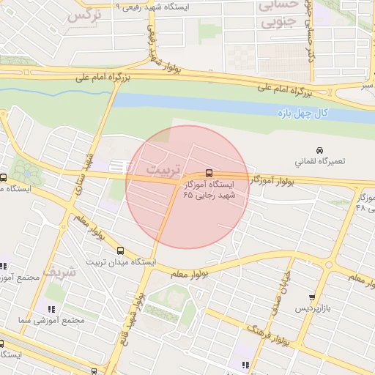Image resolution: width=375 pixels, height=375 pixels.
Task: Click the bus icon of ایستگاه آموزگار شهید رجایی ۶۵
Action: pos(209,174)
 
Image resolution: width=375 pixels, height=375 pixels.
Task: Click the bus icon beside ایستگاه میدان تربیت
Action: pos(120,250)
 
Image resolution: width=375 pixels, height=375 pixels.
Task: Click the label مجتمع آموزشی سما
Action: pos(53,321)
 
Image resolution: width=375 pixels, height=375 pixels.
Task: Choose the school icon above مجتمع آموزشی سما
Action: pos(51,309)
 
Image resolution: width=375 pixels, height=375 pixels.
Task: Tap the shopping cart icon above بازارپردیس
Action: pos(313,297)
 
